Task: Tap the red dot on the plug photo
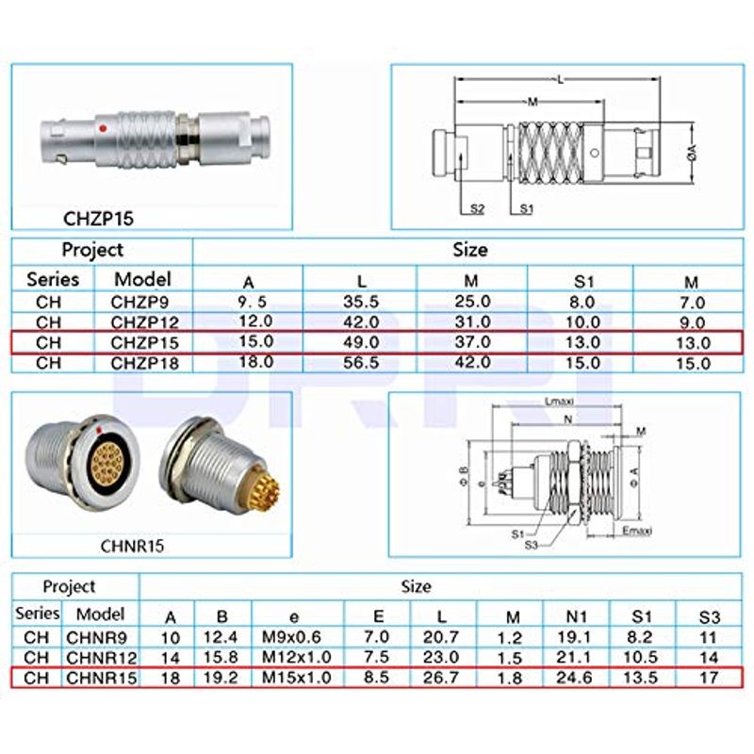point(111,125)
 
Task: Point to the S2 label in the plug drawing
point(477,209)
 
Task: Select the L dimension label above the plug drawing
point(562,82)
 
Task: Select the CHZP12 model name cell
point(142,321)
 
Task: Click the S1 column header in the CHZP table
point(582,281)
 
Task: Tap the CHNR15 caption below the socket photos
point(133,544)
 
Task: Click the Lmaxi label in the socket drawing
point(563,402)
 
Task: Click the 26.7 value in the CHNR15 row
point(439,677)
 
